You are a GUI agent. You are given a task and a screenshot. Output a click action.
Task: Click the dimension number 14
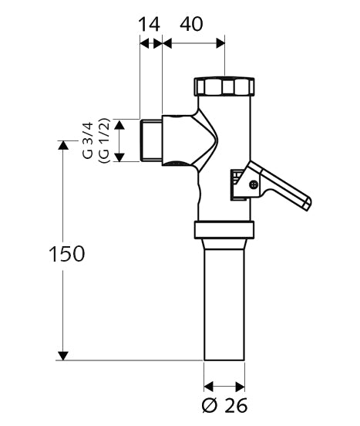(149, 24)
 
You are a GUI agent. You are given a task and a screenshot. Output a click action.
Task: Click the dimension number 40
(191, 24)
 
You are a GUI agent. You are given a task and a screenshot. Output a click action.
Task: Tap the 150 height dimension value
(67, 254)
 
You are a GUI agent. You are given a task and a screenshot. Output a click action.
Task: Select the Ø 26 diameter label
(224, 406)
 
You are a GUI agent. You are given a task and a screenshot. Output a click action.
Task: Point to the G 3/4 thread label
(88, 140)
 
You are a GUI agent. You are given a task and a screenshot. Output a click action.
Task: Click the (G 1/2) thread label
(104, 140)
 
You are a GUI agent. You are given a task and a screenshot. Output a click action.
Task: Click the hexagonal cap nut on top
(224, 86)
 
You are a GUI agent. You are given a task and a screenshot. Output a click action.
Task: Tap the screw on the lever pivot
(254, 184)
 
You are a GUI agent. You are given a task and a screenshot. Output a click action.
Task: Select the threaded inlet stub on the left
(151, 140)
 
